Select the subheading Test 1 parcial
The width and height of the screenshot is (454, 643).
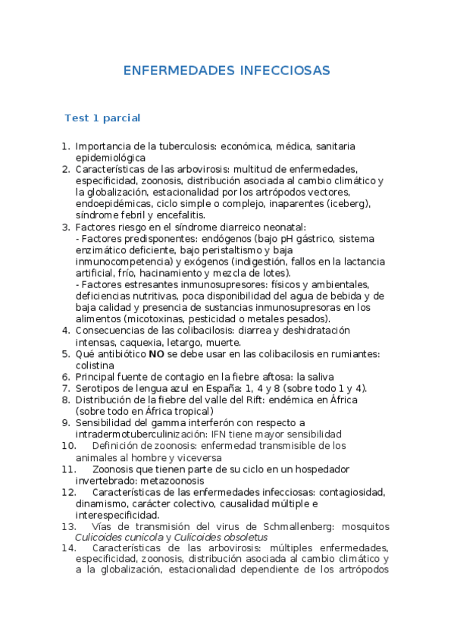click(102, 118)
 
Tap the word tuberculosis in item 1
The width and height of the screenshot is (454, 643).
click(204, 146)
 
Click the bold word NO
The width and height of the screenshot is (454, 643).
click(156, 353)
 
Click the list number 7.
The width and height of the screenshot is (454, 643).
click(65, 387)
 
